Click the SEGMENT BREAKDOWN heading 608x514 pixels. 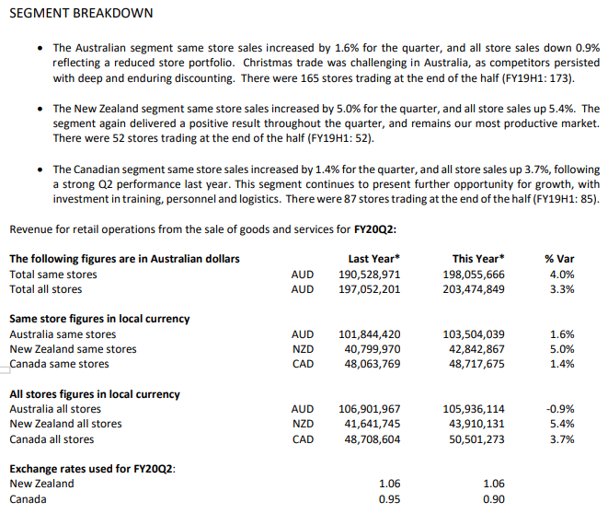pos(81,14)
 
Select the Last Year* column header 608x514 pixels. pos(373,259)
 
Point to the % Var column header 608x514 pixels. pos(560,259)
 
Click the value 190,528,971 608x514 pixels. pos(370,275)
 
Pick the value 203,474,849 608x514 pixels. pos(474,289)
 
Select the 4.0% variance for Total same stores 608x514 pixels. pos(561,275)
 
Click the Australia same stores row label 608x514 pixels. pos(63,334)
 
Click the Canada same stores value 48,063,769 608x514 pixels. pos(370,364)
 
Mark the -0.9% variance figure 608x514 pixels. pos(559,409)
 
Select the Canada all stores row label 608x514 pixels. pos(52,439)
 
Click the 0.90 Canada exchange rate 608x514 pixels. pos(494,499)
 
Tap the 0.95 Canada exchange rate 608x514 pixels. pos(389,499)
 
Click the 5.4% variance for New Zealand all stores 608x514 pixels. pos(561,424)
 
